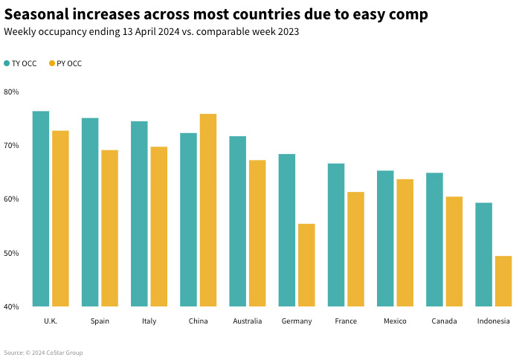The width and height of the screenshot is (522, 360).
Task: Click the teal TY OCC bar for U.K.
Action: point(41,208)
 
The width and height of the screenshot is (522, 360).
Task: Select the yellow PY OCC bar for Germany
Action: point(306,265)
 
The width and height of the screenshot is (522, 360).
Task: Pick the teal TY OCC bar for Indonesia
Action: point(483,254)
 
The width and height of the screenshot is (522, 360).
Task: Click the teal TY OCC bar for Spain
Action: point(90,212)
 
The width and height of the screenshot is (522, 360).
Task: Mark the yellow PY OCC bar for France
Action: point(355,249)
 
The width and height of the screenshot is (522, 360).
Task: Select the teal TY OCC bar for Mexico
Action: point(385,238)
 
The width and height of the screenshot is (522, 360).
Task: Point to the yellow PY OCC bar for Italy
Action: point(159,226)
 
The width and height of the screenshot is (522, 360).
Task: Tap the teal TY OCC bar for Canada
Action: point(434,240)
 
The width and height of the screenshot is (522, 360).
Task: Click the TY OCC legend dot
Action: point(7,64)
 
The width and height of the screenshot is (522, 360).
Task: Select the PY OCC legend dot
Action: point(52,64)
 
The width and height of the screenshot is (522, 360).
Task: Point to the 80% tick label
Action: point(11,91)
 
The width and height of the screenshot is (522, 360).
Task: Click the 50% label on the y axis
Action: point(11,253)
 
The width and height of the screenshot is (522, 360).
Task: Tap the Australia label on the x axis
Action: point(247,321)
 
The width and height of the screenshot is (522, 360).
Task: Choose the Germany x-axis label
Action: point(297,321)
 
